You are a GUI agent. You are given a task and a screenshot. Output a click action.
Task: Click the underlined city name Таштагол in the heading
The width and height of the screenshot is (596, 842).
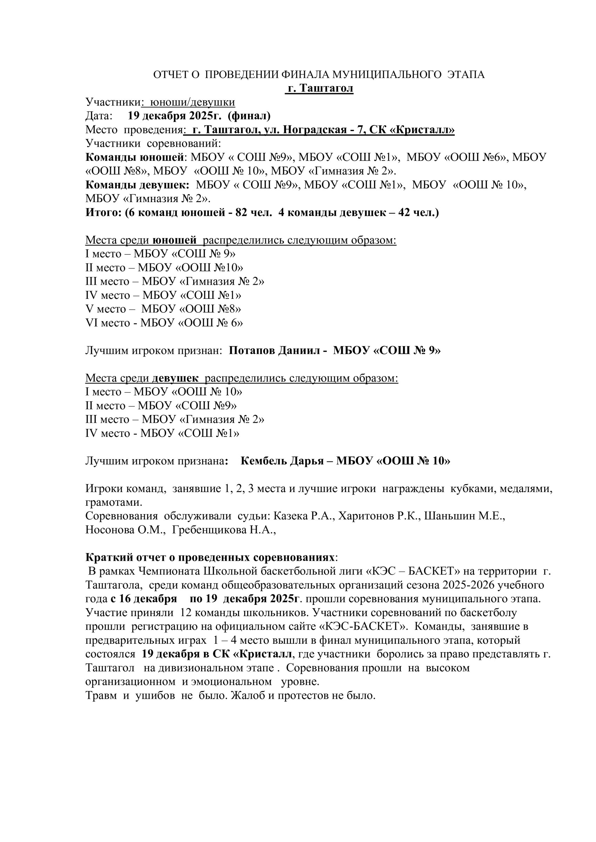pos(326,88)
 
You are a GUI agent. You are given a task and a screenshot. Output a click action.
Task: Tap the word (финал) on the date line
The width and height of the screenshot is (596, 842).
pos(249,116)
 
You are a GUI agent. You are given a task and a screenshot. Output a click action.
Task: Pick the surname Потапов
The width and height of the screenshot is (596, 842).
pos(252,351)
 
